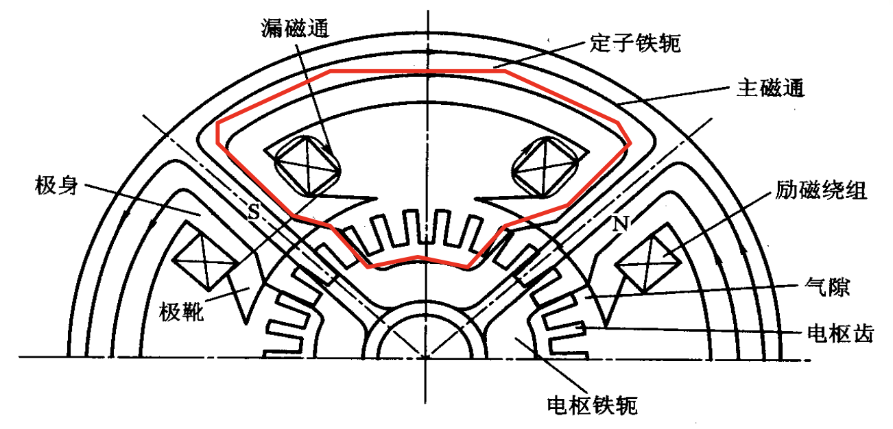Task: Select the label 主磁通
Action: click(770, 88)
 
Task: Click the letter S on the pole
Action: click(253, 213)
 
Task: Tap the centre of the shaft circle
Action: click(426, 357)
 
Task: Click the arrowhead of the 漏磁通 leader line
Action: click(333, 155)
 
